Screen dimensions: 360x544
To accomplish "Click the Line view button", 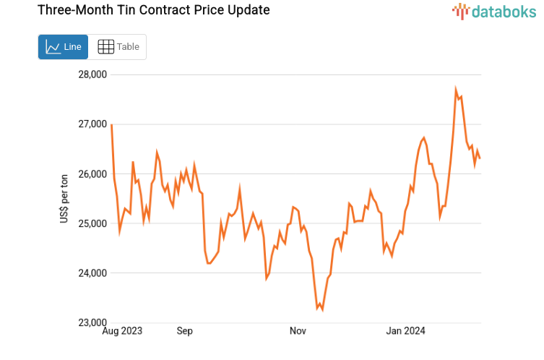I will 63,47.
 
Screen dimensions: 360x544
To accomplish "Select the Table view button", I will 118,47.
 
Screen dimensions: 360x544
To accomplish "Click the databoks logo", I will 494,11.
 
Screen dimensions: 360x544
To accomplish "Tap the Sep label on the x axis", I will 184,331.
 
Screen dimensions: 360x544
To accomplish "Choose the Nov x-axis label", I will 298,331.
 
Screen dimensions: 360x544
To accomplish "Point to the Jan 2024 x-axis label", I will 406,331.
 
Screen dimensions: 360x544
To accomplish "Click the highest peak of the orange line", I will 456,90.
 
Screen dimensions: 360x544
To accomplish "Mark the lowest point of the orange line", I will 321,309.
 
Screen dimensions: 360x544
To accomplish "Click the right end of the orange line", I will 480,158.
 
